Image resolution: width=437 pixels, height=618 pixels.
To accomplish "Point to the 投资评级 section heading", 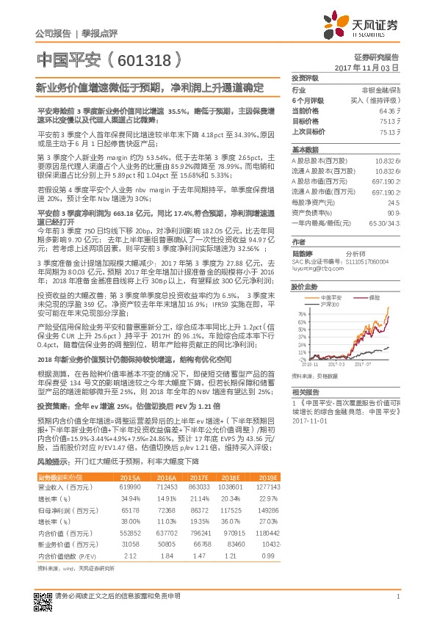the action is pyautogui.click(x=305, y=77).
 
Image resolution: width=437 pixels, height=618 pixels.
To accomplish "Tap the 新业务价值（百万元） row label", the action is pyautogui.click(x=63, y=545).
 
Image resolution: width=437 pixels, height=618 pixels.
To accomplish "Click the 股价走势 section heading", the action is pyautogui.click(x=305, y=286).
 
